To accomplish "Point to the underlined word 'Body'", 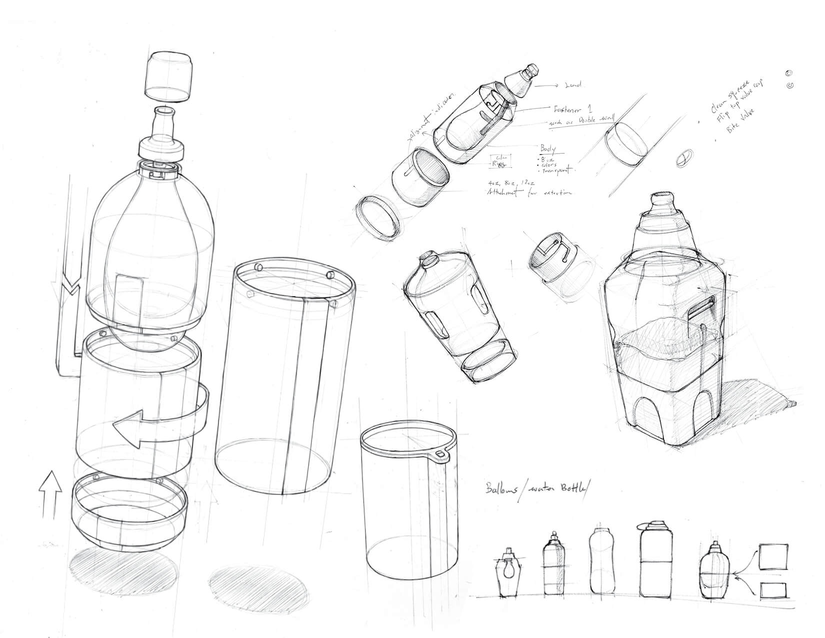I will pyautogui.click(x=549, y=149).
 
